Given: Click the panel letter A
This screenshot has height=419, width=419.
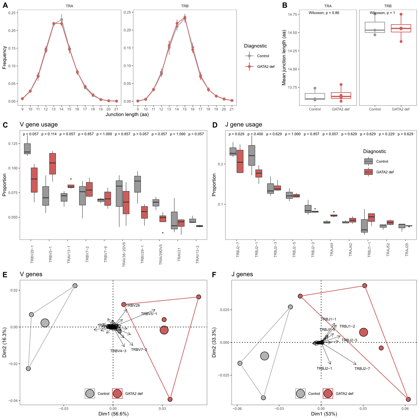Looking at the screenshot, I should [5, 5].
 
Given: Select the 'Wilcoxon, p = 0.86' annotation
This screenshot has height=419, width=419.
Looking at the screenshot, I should [324, 13].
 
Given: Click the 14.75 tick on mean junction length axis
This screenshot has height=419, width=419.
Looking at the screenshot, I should [293, 15].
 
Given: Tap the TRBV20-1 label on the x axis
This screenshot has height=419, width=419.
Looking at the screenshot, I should [32, 254].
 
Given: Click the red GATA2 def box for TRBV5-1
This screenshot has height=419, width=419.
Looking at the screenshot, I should [53, 164].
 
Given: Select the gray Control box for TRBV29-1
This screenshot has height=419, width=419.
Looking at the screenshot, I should [137, 184].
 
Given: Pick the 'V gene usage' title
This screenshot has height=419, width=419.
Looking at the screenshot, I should [39, 125].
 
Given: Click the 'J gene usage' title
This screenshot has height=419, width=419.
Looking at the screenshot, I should [244, 125].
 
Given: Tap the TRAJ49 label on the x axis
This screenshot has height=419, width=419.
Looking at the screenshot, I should [332, 249].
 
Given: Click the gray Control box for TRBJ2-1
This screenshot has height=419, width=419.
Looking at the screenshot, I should [252, 155].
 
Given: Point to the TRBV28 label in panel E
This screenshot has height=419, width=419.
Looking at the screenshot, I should [133, 305].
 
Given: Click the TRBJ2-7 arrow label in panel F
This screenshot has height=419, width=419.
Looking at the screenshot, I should [362, 369].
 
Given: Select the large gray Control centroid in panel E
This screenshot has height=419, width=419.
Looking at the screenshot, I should [45, 323].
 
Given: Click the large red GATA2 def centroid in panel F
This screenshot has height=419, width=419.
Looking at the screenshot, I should [363, 332].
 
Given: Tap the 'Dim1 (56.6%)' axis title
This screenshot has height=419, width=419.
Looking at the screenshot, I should [113, 414].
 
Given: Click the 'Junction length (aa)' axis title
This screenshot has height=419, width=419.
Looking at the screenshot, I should [127, 114].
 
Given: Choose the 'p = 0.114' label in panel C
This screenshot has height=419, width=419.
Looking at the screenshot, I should [49, 134].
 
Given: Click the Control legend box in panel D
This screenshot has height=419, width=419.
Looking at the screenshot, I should [368, 161].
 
